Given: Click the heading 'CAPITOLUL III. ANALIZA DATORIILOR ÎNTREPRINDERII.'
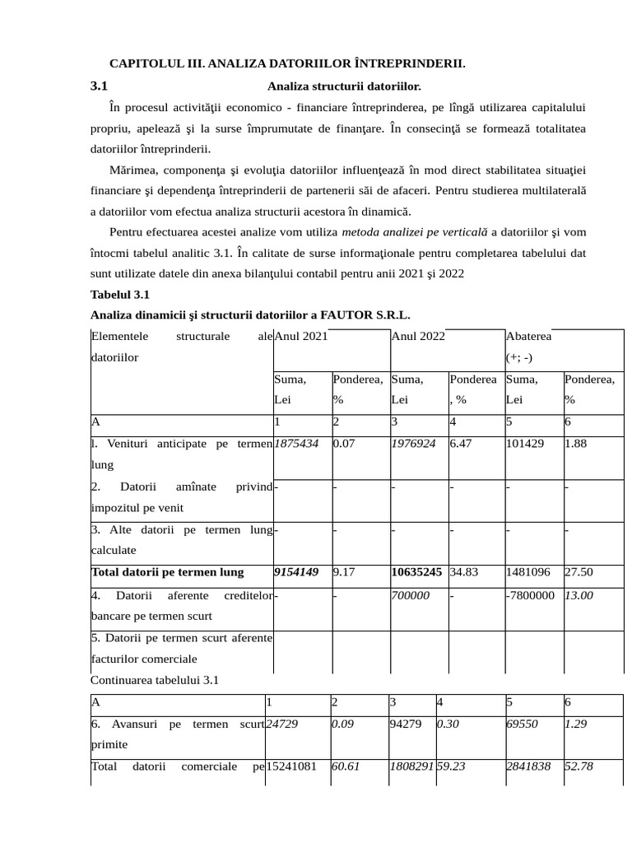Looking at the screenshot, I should (288, 63).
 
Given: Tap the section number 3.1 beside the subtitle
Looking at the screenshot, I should (99, 85).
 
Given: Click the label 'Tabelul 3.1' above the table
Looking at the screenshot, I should (119, 294).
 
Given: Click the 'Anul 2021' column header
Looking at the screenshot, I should (301, 337).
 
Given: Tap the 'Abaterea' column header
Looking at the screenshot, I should (529, 337).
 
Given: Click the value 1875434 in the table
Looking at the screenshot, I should (296, 444).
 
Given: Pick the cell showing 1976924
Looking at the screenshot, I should (414, 444).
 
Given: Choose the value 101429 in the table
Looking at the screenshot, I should (526, 444).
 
